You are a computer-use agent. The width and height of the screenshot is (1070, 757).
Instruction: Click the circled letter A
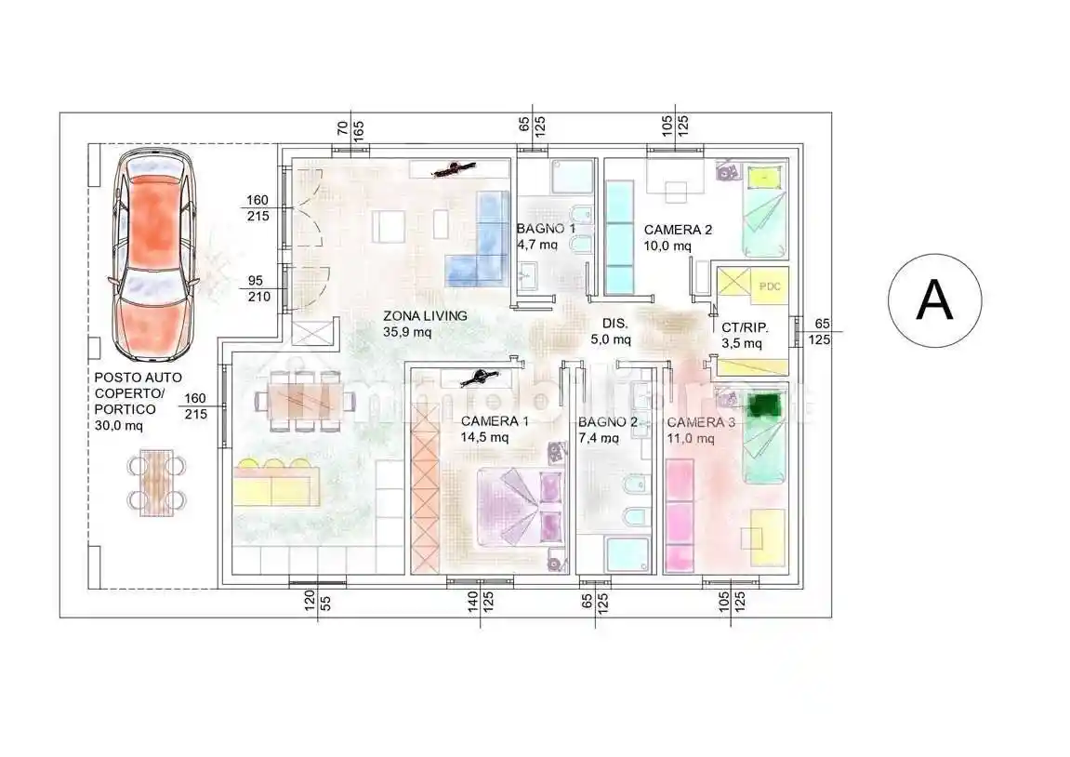tap(934, 300)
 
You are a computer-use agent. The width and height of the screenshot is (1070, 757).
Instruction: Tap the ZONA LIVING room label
tap(425, 316)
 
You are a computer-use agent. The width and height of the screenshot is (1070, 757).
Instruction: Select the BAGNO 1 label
tap(546, 229)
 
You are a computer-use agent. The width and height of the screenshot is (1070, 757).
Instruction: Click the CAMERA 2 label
tap(678, 230)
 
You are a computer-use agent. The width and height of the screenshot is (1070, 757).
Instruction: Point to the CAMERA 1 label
tap(495, 421)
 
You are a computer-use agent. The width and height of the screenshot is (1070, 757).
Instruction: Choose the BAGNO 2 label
tap(607, 422)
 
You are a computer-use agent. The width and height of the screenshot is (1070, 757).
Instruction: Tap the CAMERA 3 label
tap(701, 422)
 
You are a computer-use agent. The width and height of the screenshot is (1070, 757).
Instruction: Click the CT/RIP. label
tap(745, 327)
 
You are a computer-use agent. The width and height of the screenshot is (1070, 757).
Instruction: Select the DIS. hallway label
tap(614, 324)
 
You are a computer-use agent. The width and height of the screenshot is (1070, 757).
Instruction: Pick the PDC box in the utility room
tap(770, 286)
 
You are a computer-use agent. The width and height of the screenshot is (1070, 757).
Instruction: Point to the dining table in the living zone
tap(305, 402)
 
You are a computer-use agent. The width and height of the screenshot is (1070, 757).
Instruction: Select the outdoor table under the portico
tap(157, 482)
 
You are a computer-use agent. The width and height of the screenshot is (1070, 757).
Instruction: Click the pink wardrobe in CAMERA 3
tap(680, 515)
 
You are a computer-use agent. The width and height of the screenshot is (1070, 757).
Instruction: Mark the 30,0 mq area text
tap(119, 426)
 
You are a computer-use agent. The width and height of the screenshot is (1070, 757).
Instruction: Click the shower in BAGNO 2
tap(627, 554)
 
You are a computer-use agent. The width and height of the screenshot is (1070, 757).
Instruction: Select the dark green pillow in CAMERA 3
tap(763, 405)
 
